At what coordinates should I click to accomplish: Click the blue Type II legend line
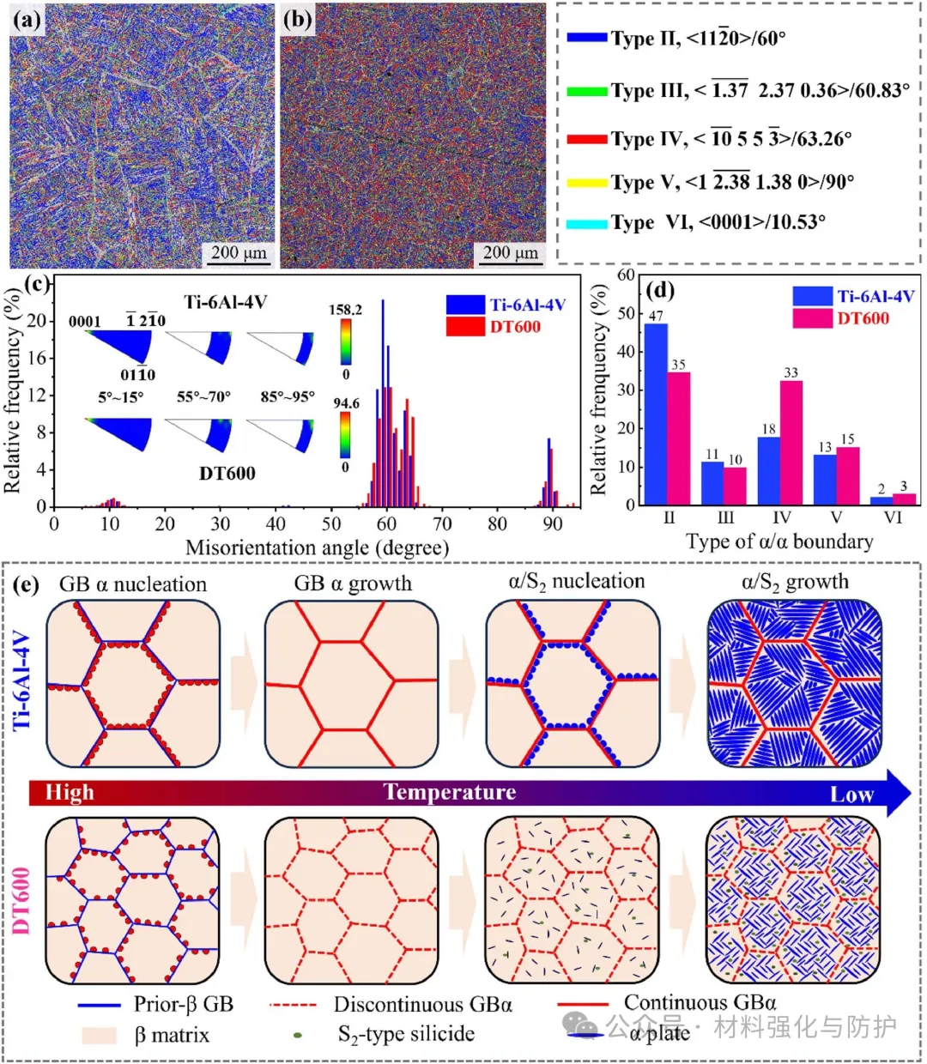click(586, 38)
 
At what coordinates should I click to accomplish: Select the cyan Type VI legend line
click(586, 224)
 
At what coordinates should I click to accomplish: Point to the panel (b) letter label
click(297, 20)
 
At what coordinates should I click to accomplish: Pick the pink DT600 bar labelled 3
click(905, 499)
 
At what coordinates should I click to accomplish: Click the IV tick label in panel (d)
click(781, 517)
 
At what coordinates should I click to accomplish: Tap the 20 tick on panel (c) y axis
click(36, 321)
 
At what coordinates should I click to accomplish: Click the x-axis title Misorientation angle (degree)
click(317, 547)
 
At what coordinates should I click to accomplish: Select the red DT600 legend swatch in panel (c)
click(465, 327)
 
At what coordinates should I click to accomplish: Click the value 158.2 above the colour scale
click(345, 309)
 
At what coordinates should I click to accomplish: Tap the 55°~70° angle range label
click(203, 397)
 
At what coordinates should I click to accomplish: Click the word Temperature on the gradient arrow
click(450, 791)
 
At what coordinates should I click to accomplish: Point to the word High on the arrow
click(70, 791)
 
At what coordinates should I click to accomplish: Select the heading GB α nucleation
click(133, 584)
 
